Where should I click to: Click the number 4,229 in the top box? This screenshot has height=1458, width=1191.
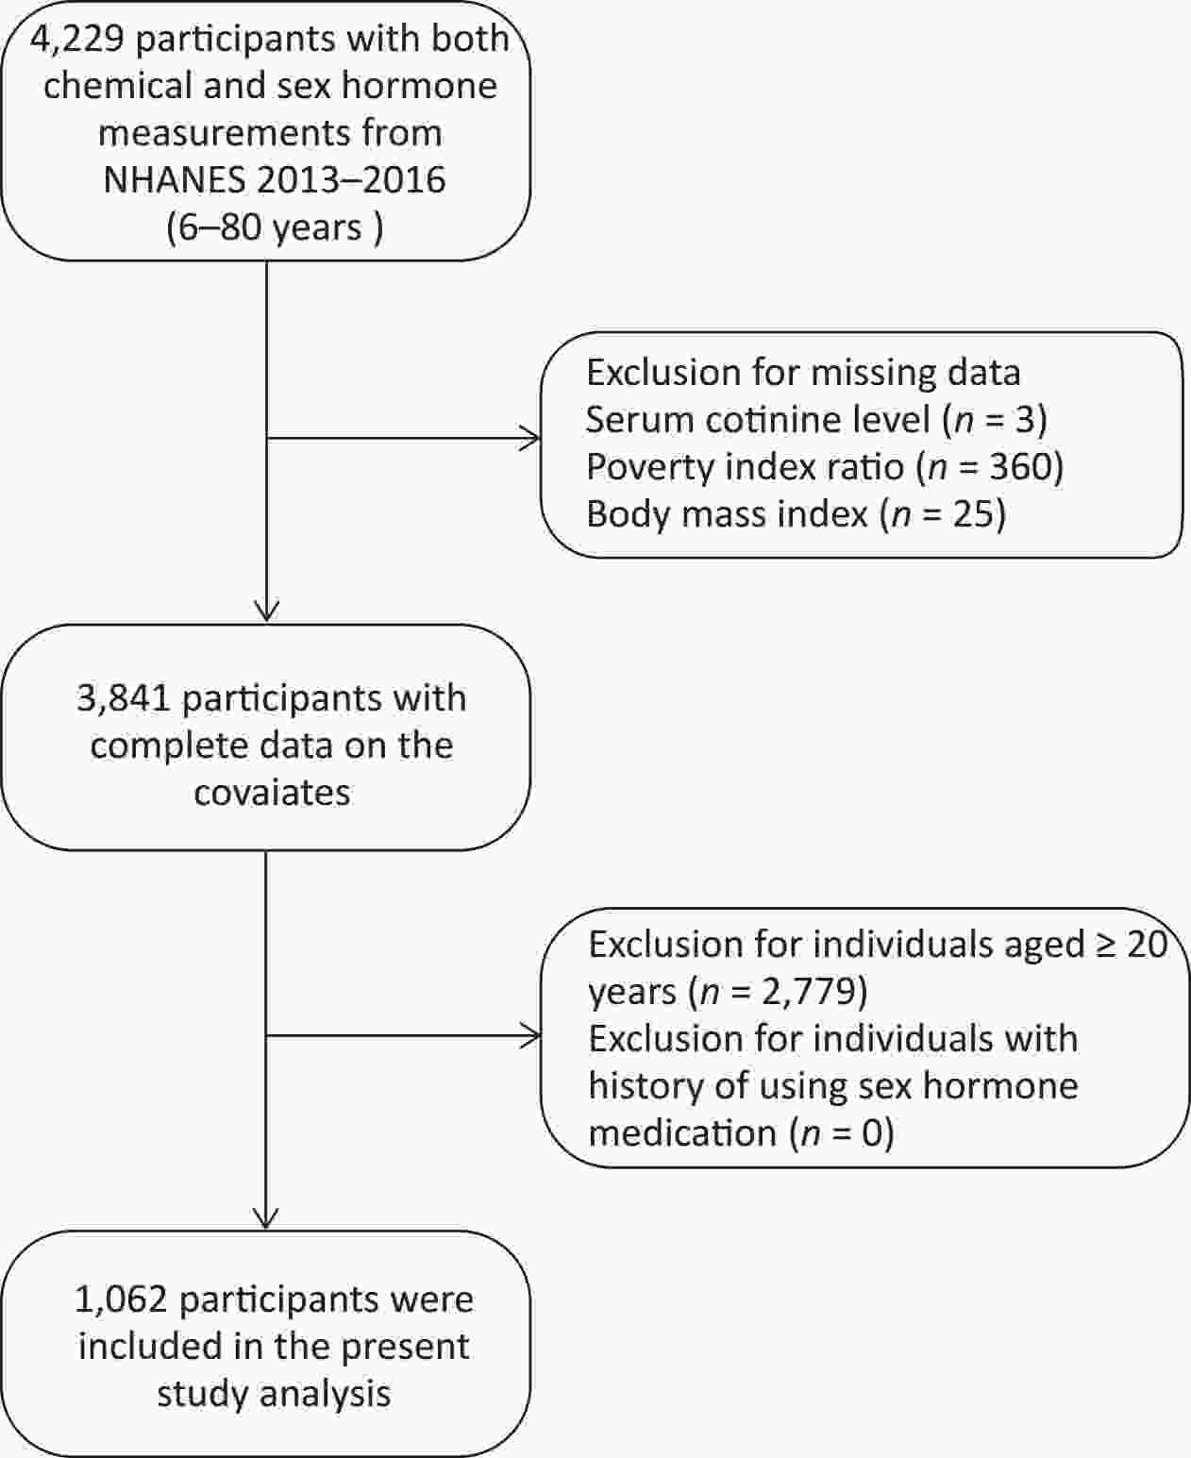pos(76,40)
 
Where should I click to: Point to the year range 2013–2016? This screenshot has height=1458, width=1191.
pos(351,179)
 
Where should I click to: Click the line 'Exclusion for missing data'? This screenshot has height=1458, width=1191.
pos(803,373)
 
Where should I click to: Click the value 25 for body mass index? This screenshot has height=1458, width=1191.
pos(973,513)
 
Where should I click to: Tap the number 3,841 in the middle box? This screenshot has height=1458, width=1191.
pos(124,699)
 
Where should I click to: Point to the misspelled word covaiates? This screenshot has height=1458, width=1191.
pos(273,793)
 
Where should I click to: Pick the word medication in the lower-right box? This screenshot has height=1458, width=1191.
pos(683,1133)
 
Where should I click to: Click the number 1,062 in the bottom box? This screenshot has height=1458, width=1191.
pos(121,1300)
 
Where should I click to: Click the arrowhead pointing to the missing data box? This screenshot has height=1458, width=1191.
pos(530,438)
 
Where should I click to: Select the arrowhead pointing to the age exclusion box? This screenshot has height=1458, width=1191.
pos(530,1035)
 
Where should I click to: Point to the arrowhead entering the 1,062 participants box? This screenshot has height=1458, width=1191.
pos(266,1218)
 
